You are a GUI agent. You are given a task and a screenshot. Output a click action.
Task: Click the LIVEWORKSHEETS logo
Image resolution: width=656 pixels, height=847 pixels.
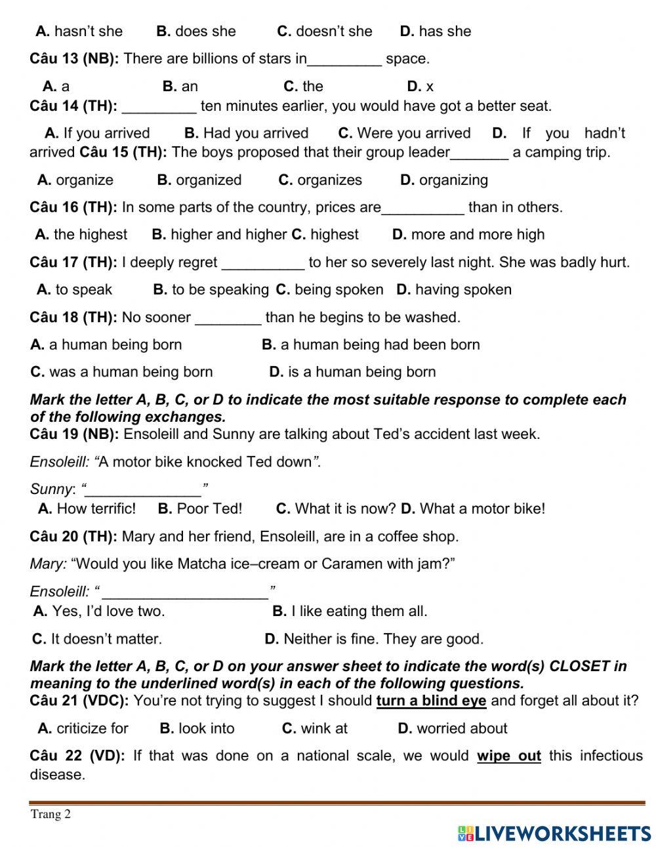[x=554, y=833]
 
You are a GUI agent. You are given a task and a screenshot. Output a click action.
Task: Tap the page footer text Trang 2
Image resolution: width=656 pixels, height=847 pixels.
[x=51, y=814]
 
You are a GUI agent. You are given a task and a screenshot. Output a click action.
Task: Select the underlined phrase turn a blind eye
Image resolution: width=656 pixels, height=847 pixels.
[x=431, y=701]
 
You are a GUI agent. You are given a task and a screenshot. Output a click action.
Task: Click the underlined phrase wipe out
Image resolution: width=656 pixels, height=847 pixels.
[x=508, y=756]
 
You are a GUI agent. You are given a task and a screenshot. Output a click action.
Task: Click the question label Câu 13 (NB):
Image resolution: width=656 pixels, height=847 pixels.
[x=74, y=58]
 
